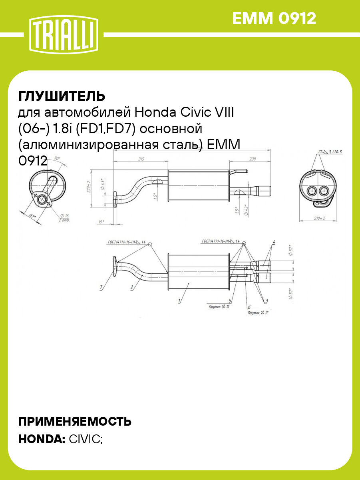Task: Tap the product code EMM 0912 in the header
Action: pyautogui.click(x=274, y=18)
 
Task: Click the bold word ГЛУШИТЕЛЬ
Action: pyautogui.click(x=62, y=96)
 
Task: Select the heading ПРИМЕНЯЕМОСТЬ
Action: pyautogui.click(x=75, y=421)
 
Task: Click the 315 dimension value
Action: pyautogui.click(x=141, y=159)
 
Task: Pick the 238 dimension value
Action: pyautogui.click(x=253, y=159)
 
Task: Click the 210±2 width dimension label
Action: pyautogui.click(x=319, y=218)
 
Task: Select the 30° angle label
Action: pyautogui.click(x=57, y=159)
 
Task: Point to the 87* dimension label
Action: pyautogui.click(x=33, y=216)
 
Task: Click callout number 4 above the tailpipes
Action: pyautogui.click(x=274, y=242)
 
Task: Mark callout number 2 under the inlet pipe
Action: pyautogui.click(x=131, y=287)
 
